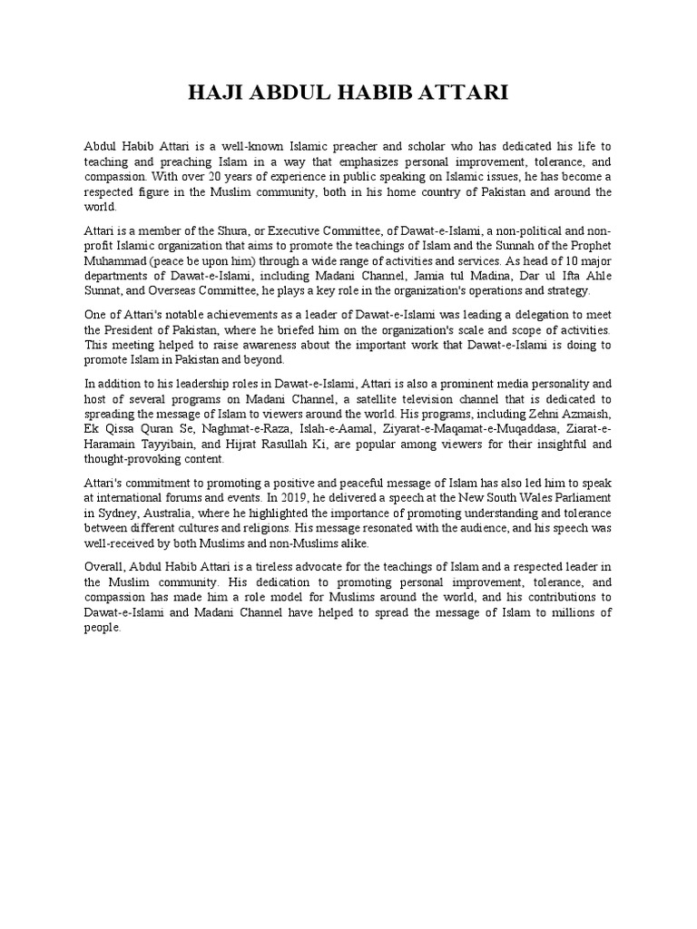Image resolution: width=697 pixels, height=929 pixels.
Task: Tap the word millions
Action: click(x=586, y=613)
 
